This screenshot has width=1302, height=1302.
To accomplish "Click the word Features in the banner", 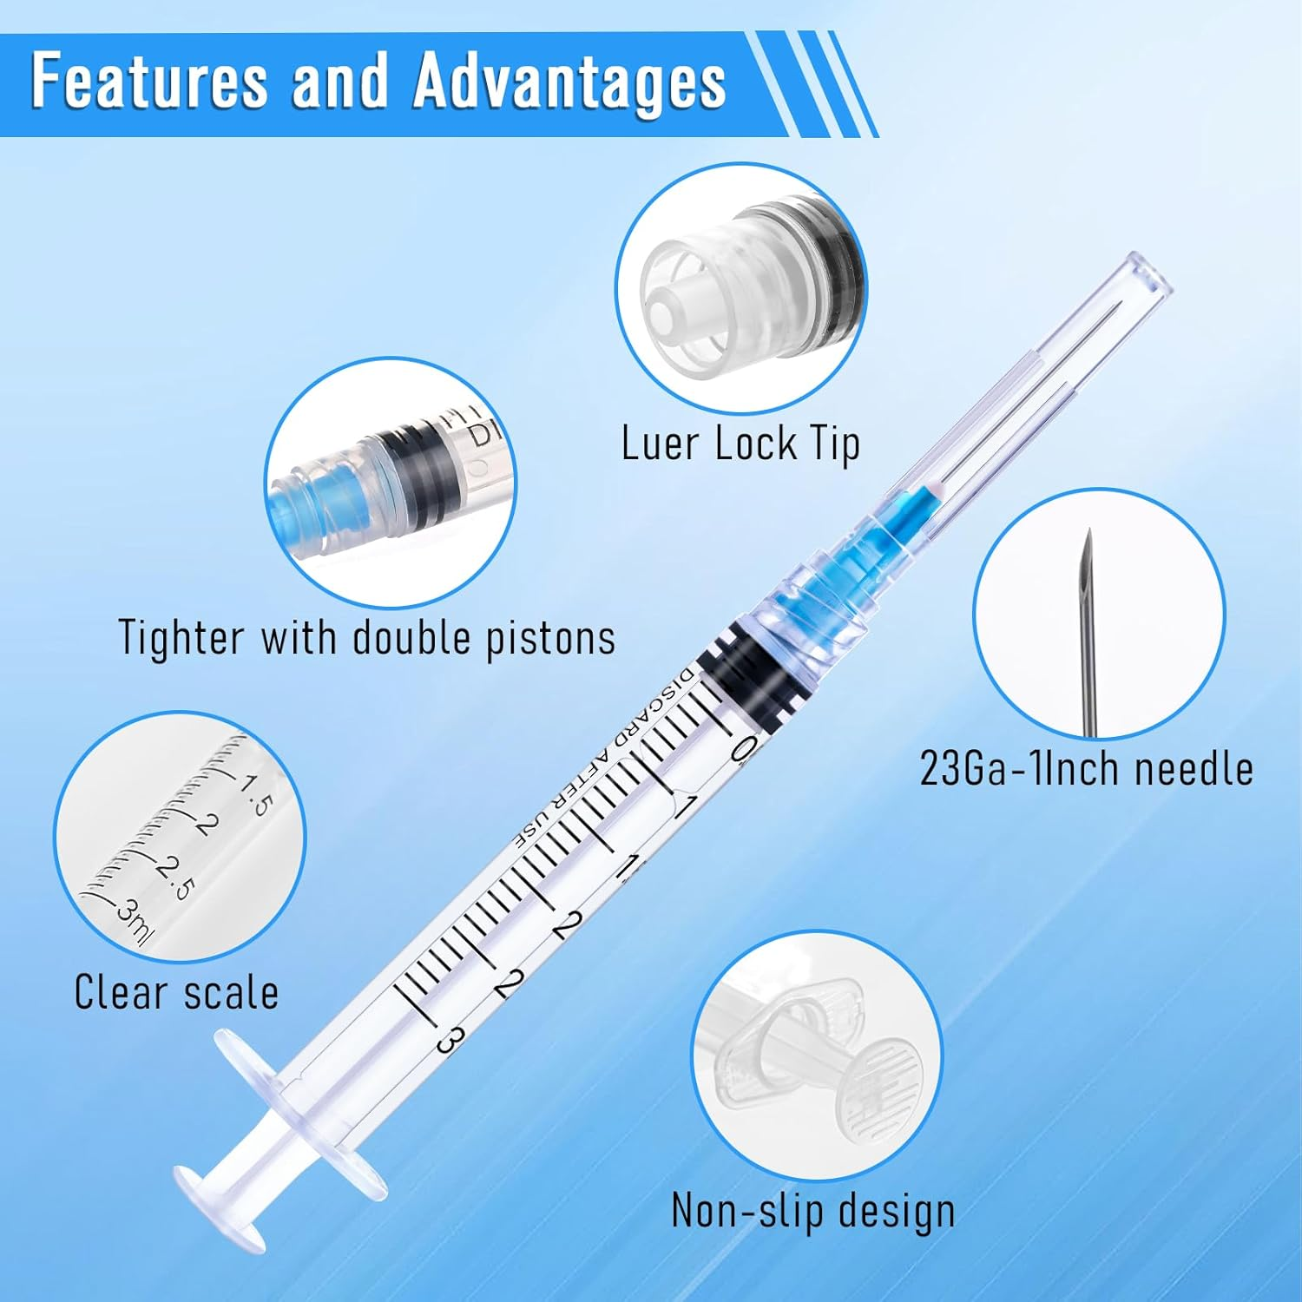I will tap(148, 82).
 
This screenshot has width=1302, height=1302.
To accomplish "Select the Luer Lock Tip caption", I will tap(740, 444).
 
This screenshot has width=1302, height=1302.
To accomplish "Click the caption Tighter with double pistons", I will tap(366, 638).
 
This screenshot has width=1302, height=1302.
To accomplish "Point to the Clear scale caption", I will tap(176, 992).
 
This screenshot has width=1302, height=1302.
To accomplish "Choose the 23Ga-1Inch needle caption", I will tap(1086, 769).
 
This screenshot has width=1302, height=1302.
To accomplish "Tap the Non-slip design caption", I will tap(812, 1210).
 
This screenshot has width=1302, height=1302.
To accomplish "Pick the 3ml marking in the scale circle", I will tap(134, 923).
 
